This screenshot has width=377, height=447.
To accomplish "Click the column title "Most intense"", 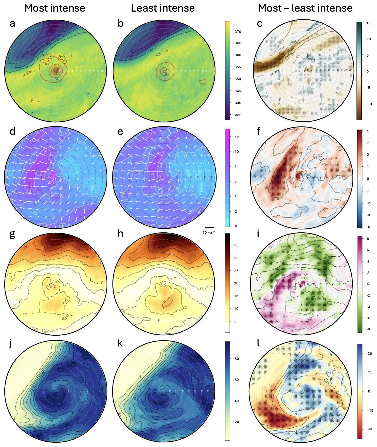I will coord(55,8).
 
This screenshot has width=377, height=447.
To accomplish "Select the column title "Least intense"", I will coord(163,8).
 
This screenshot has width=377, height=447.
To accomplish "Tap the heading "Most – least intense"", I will coord(305,8).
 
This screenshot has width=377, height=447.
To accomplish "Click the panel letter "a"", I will coord(12,24).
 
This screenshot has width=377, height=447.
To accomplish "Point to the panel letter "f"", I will coord(259,131).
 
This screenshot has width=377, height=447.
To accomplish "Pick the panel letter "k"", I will coord(120,343).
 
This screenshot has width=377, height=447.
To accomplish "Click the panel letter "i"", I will coord(258,234).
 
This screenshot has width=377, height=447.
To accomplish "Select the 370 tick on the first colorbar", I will coord(238,32).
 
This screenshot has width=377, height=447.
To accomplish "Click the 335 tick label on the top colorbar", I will coord(238,115).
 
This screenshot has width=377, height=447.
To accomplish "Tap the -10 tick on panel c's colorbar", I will coord(369,104).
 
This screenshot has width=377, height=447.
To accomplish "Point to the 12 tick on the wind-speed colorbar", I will coord(237,137).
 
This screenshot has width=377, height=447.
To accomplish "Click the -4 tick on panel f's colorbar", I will coord(368,227).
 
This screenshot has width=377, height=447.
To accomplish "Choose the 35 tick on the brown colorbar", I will coord(236,245).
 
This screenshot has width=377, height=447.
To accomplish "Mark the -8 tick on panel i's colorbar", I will coord(368,329).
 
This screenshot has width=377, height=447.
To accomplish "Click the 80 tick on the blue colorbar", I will coord(237,359).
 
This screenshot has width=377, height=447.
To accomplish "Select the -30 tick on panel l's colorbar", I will coord(370,429).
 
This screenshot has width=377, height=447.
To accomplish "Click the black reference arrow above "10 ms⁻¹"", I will coord(209,228).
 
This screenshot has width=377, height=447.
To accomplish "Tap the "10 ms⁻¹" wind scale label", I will coord(209,232).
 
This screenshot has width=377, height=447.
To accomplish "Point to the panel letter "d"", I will coord(12,131).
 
